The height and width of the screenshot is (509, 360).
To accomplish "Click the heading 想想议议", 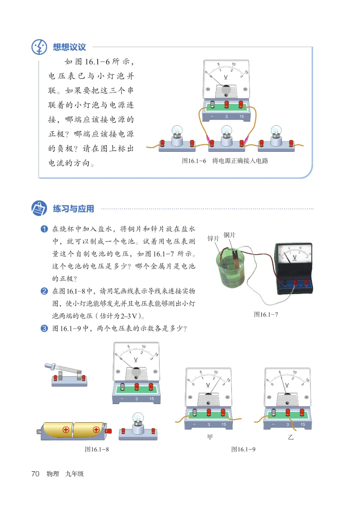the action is [69, 47].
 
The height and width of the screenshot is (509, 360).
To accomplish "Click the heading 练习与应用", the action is [73, 209].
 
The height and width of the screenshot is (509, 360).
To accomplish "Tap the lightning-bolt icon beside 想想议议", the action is [39, 47].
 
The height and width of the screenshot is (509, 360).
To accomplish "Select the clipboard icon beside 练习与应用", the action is [39, 209].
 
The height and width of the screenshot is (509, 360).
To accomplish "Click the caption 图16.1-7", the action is [266, 315].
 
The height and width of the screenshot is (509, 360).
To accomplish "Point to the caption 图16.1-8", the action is [97, 449].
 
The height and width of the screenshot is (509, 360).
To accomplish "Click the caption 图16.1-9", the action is [243, 449].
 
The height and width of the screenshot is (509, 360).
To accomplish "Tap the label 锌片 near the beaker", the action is [213, 238].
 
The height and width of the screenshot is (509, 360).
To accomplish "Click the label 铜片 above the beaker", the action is [229, 235].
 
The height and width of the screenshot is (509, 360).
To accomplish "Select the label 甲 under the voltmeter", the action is [210, 437].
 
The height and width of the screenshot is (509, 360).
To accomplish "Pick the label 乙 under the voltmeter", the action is [291, 437].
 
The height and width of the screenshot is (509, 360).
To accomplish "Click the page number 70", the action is [35, 474].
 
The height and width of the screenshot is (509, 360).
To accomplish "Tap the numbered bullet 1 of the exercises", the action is [44, 229].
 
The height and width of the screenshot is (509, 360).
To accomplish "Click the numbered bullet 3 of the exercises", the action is [44, 329].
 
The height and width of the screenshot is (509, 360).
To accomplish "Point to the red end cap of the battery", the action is [109, 431].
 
